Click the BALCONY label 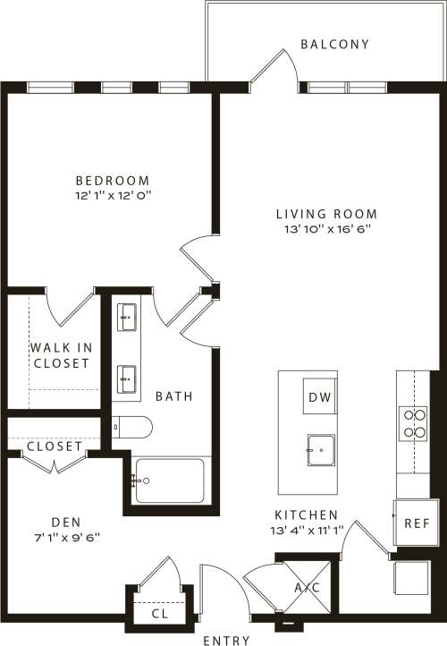tap(334, 44)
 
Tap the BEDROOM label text tap(113, 180)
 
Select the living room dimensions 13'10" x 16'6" tap(325, 229)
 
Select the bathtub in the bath tap(170, 480)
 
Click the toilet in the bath tap(134, 427)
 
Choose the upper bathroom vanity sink tap(128, 315)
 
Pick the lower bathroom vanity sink tap(128, 378)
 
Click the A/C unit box tap(307, 587)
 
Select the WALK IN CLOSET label tap(61, 355)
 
